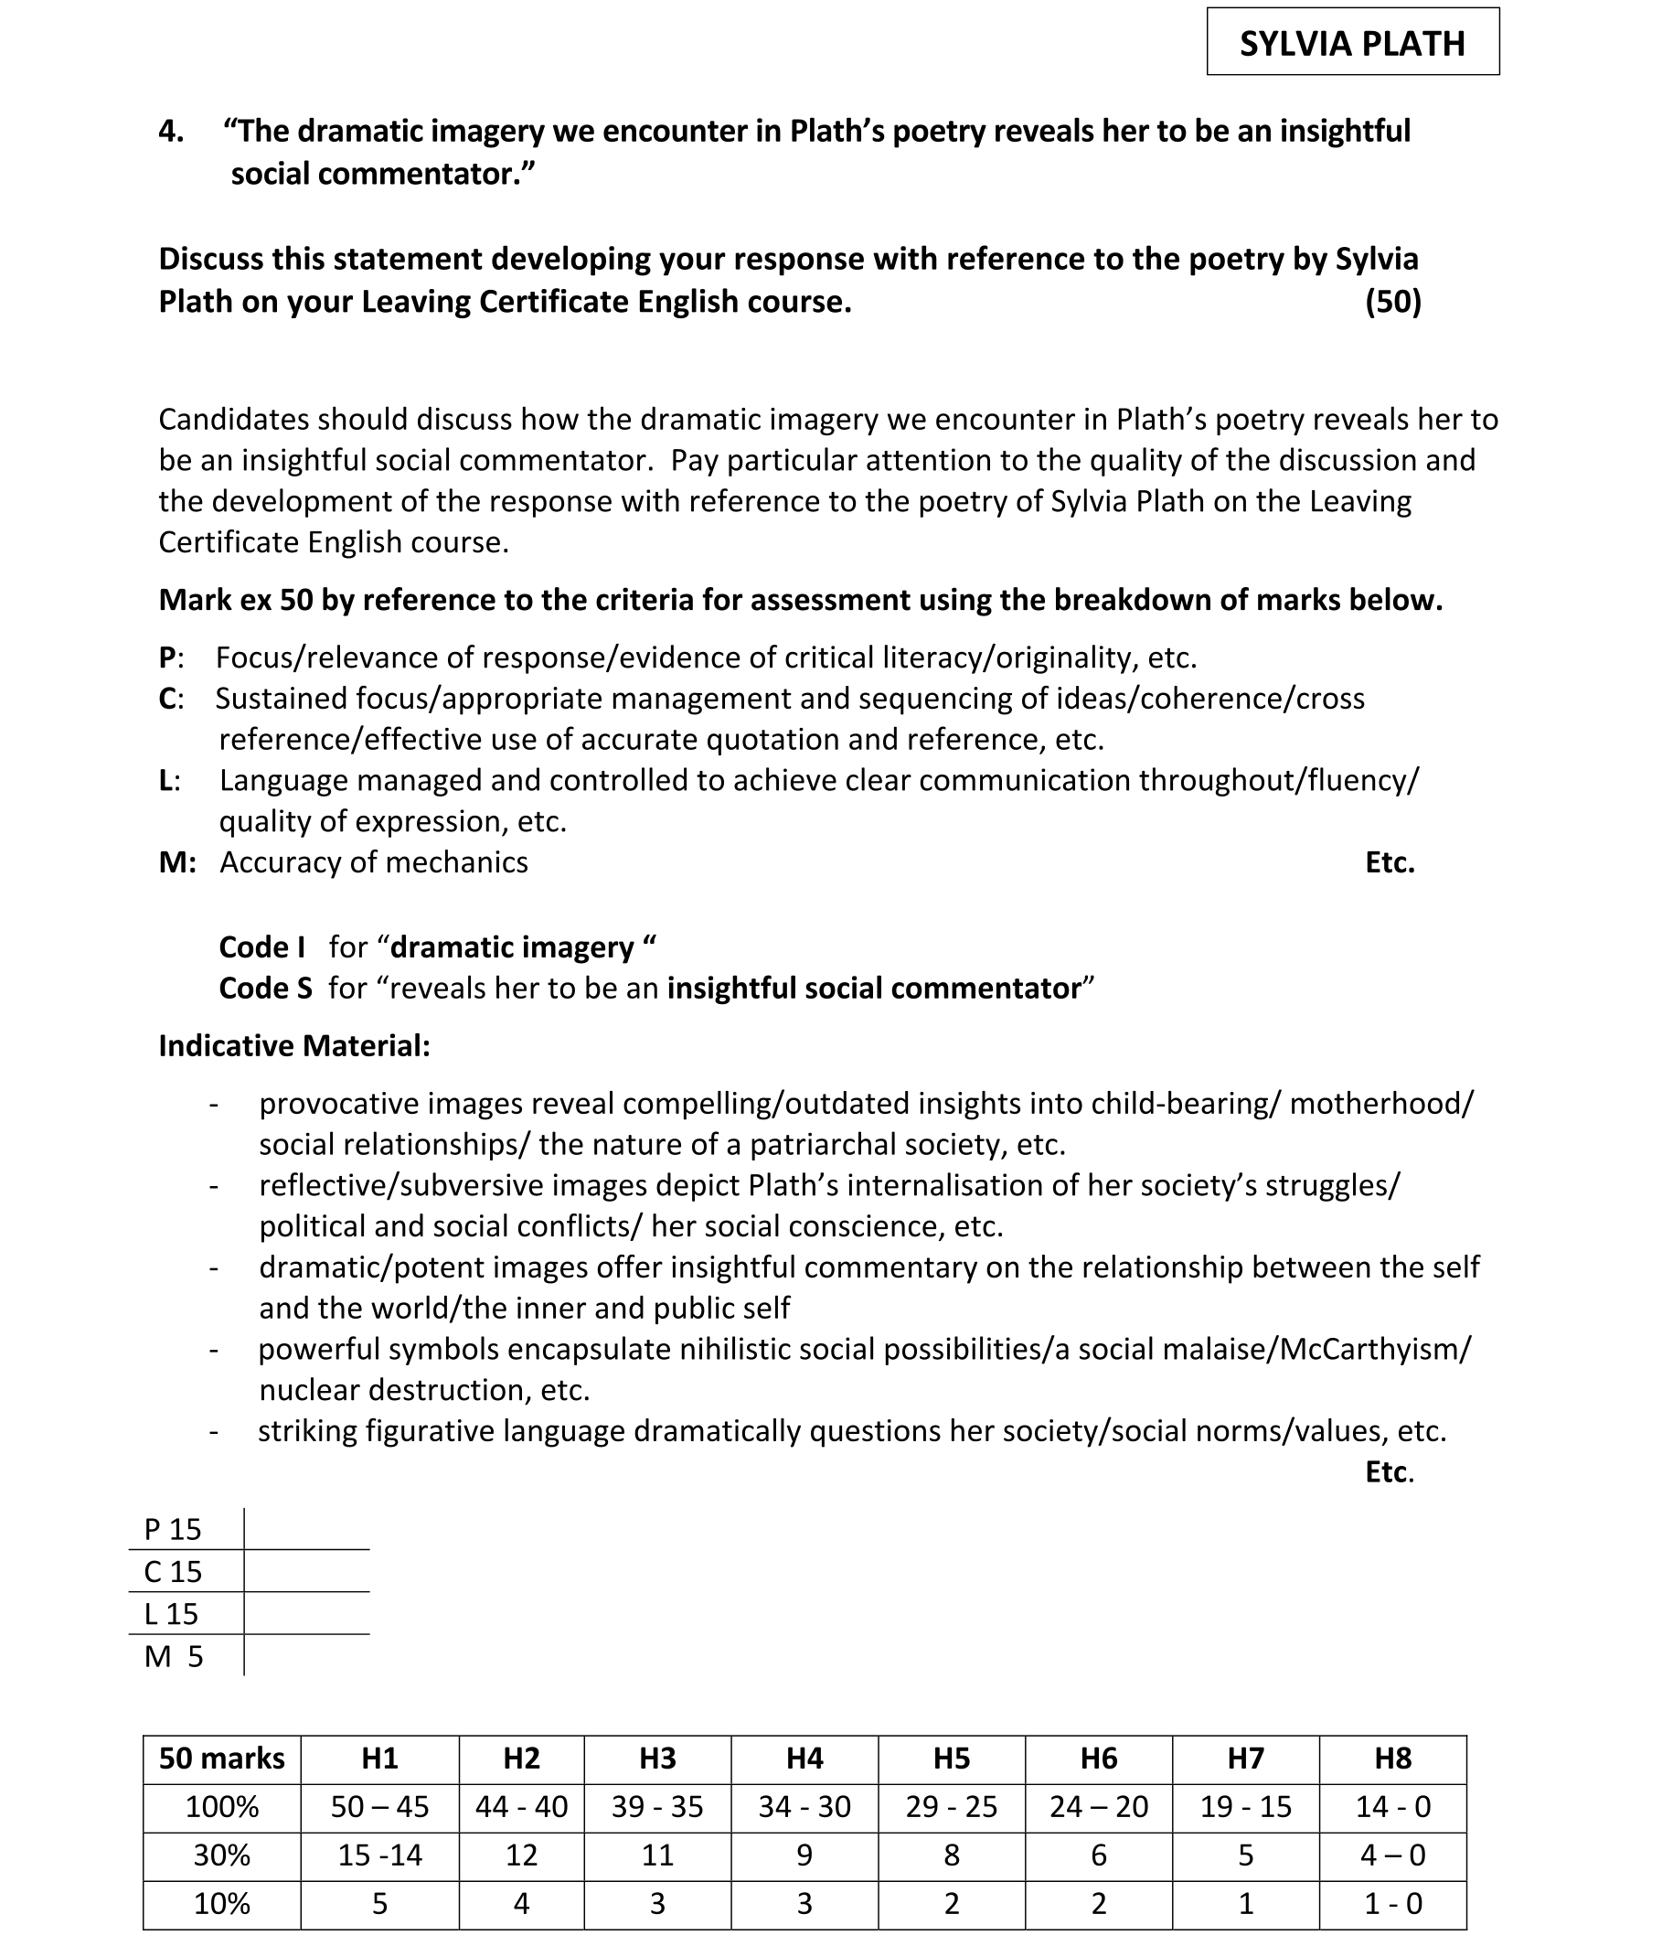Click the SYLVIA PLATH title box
[1351, 43]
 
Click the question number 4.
[170, 131]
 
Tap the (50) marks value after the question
[1392, 302]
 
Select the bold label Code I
[261, 946]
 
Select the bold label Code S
[265, 988]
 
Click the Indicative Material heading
[293, 1045]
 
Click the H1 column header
[379, 1759]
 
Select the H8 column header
[1392, 1759]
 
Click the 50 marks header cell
[221, 1759]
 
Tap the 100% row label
[221, 1807]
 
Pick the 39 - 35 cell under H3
[657, 1807]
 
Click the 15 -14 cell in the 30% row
[379, 1855]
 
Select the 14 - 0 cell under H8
[1392, 1807]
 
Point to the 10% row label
[221, 1904]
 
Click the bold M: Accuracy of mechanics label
[176, 862]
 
